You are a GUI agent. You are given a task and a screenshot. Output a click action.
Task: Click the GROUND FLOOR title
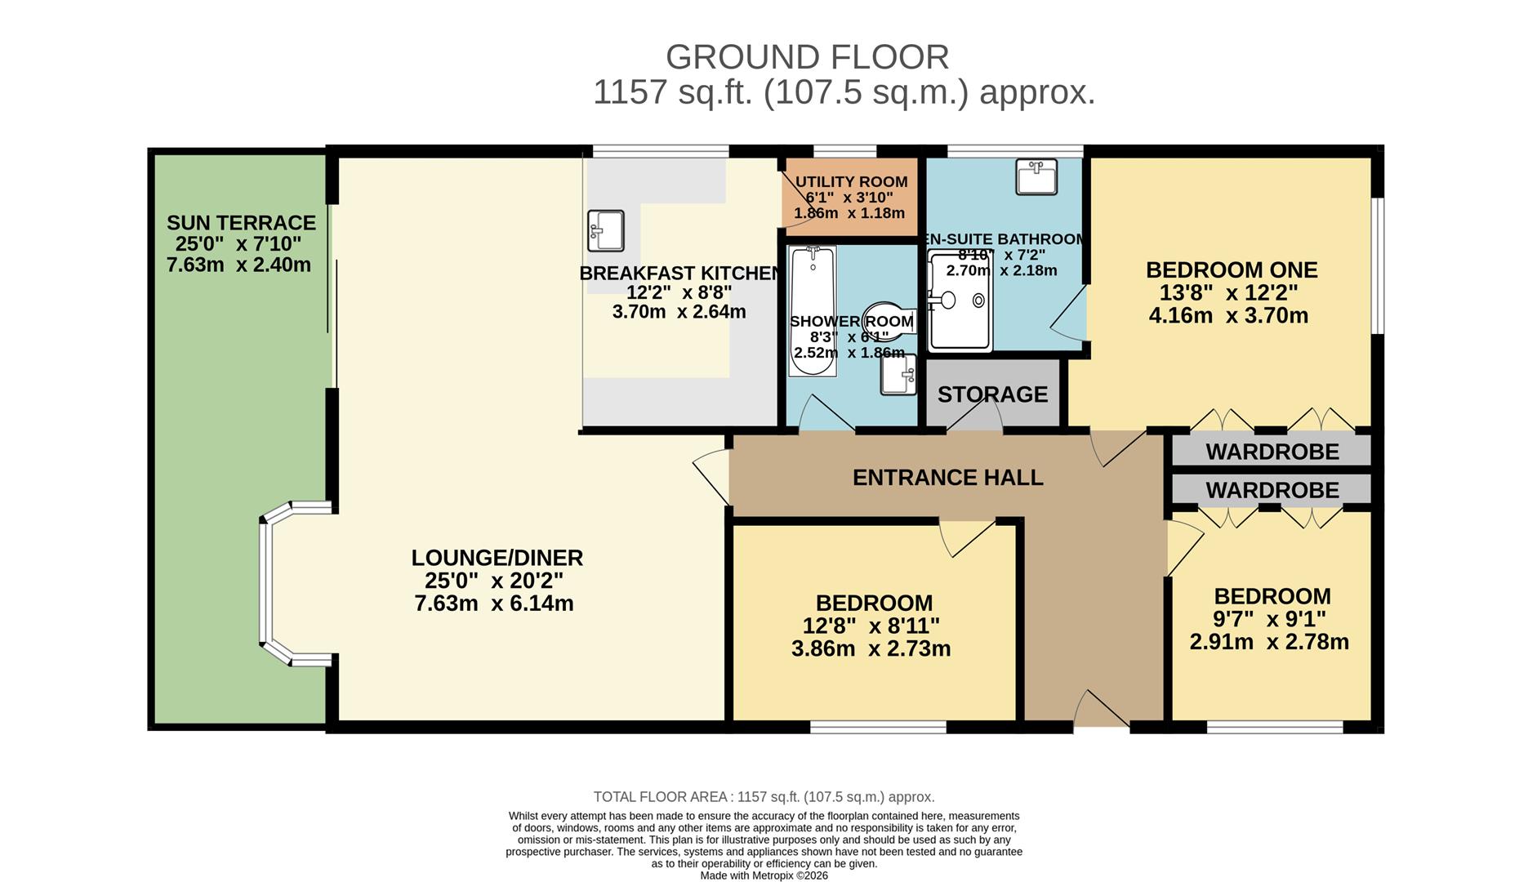pos(807,57)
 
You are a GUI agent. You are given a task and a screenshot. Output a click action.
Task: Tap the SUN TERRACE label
pos(241,223)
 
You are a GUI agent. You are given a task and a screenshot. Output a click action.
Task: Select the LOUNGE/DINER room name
pos(497,558)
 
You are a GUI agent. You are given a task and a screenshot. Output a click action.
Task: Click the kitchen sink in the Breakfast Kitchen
pos(606,230)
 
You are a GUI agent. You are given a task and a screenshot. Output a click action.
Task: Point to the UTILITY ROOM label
pos(852,182)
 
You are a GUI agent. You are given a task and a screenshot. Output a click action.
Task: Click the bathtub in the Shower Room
pos(813,311)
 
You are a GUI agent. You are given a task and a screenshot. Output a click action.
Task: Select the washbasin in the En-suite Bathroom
pos(1036,176)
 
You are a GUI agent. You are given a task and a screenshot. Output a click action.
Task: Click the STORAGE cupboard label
pos(992,394)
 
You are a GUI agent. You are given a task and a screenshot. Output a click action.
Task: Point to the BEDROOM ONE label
pos(1232,270)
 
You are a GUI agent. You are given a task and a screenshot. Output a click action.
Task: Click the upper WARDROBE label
pos(1272,452)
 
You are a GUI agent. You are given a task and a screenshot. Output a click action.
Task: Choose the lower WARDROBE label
pos(1272,490)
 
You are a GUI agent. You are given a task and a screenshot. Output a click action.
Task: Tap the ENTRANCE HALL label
pos(947,478)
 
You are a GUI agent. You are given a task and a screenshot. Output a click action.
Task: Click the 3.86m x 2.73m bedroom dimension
pos(871,649)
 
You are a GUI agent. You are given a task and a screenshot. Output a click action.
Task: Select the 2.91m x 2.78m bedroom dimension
pos(1269,642)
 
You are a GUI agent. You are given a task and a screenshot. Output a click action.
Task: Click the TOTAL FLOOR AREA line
pos(764,797)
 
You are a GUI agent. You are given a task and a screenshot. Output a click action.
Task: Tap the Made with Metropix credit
pos(764,875)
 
